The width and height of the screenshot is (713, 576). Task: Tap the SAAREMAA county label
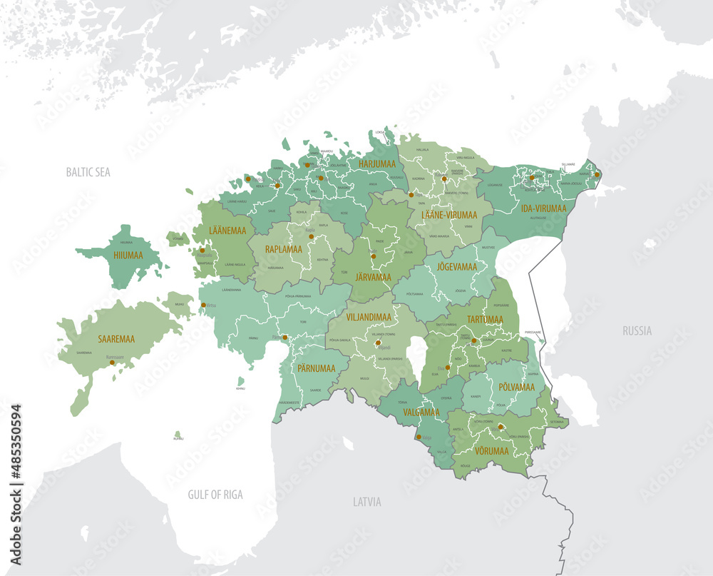[x=118, y=340]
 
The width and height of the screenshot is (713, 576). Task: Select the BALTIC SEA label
[x=88, y=172]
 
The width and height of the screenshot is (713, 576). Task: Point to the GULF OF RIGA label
[x=215, y=495]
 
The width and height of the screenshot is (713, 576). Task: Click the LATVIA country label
[x=367, y=502]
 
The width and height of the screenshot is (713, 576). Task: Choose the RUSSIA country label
[x=636, y=330]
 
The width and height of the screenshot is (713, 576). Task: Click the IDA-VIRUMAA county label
[x=543, y=208]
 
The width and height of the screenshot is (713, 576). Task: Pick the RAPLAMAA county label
[x=283, y=249]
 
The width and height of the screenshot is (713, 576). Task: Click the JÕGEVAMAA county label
[x=456, y=266]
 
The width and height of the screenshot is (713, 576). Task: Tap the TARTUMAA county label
[x=485, y=319]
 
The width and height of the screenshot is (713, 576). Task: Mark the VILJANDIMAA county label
[x=369, y=315]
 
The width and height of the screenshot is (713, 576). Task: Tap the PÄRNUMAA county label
[x=315, y=370]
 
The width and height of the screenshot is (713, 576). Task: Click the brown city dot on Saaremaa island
[x=112, y=363]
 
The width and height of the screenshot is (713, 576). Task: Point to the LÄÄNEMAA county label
[x=227, y=231]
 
